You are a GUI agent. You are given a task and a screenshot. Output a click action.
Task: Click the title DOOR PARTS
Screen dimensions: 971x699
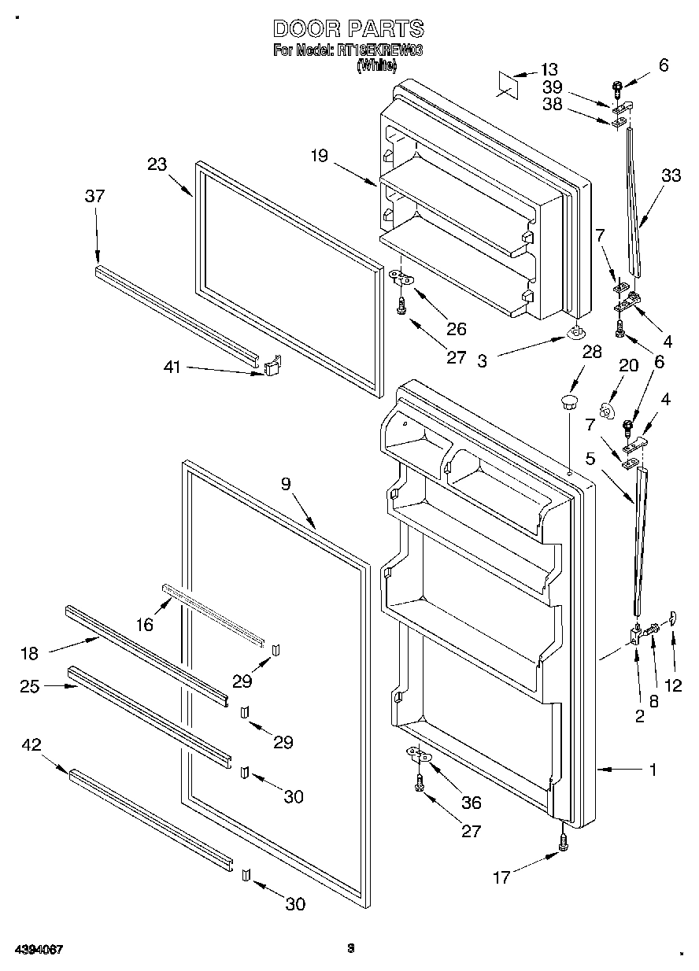click(349, 29)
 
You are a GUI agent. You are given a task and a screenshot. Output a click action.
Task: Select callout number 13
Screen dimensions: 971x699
click(549, 69)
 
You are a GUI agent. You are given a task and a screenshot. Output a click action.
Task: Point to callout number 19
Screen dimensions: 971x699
click(318, 157)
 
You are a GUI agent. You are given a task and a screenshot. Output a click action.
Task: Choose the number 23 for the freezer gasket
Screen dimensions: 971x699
click(157, 164)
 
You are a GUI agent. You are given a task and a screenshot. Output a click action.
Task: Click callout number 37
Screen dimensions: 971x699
click(94, 196)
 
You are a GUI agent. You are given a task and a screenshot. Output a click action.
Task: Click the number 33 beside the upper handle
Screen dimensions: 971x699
click(671, 176)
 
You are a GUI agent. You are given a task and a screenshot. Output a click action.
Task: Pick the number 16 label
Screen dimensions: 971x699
click(145, 624)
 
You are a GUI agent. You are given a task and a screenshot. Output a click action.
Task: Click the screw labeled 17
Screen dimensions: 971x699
click(564, 842)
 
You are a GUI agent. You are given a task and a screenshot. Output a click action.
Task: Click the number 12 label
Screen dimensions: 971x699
click(673, 685)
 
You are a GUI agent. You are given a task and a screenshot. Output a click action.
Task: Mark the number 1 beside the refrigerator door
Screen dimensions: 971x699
click(653, 770)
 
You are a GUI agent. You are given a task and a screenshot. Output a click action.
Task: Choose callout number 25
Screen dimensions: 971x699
click(31, 685)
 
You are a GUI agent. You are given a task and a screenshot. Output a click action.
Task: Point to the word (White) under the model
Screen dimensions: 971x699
click(376, 66)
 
